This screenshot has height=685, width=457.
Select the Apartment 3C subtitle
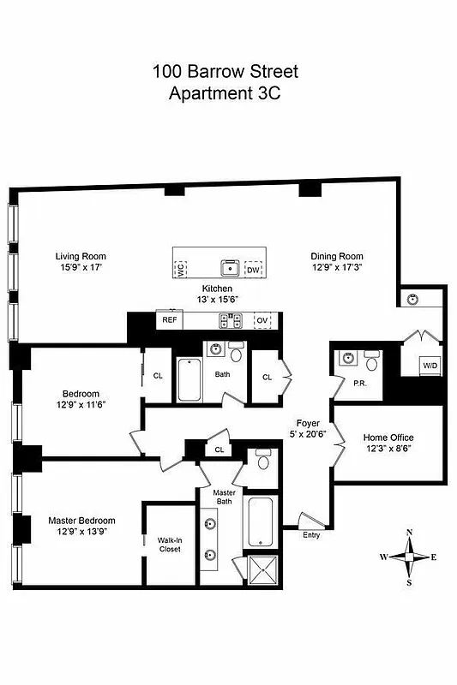(x=225, y=93)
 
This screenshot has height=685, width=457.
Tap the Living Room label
(x=81, y=256)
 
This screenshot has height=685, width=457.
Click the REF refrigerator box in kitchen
(x=169, y=320)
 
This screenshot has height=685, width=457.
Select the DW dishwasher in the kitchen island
(x=253, y=269)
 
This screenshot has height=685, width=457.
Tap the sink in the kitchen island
(x=229, y=266)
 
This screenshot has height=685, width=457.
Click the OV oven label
(x=262, y=321)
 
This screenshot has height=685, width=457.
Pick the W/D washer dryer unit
(x=428, y=364)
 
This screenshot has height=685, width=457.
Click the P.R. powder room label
(x=360, y=384)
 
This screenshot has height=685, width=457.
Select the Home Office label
(x=388, y=438)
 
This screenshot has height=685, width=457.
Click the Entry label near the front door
(x=311, y=535)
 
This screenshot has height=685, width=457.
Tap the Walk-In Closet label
(x=169, y=545)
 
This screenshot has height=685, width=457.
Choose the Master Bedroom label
(x=81, y=520)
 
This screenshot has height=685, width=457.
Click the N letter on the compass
(x=409, y=533)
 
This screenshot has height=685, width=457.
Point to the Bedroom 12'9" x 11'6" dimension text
(x=81, y=404)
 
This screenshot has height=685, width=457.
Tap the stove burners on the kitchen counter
(x=230, y=321)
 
